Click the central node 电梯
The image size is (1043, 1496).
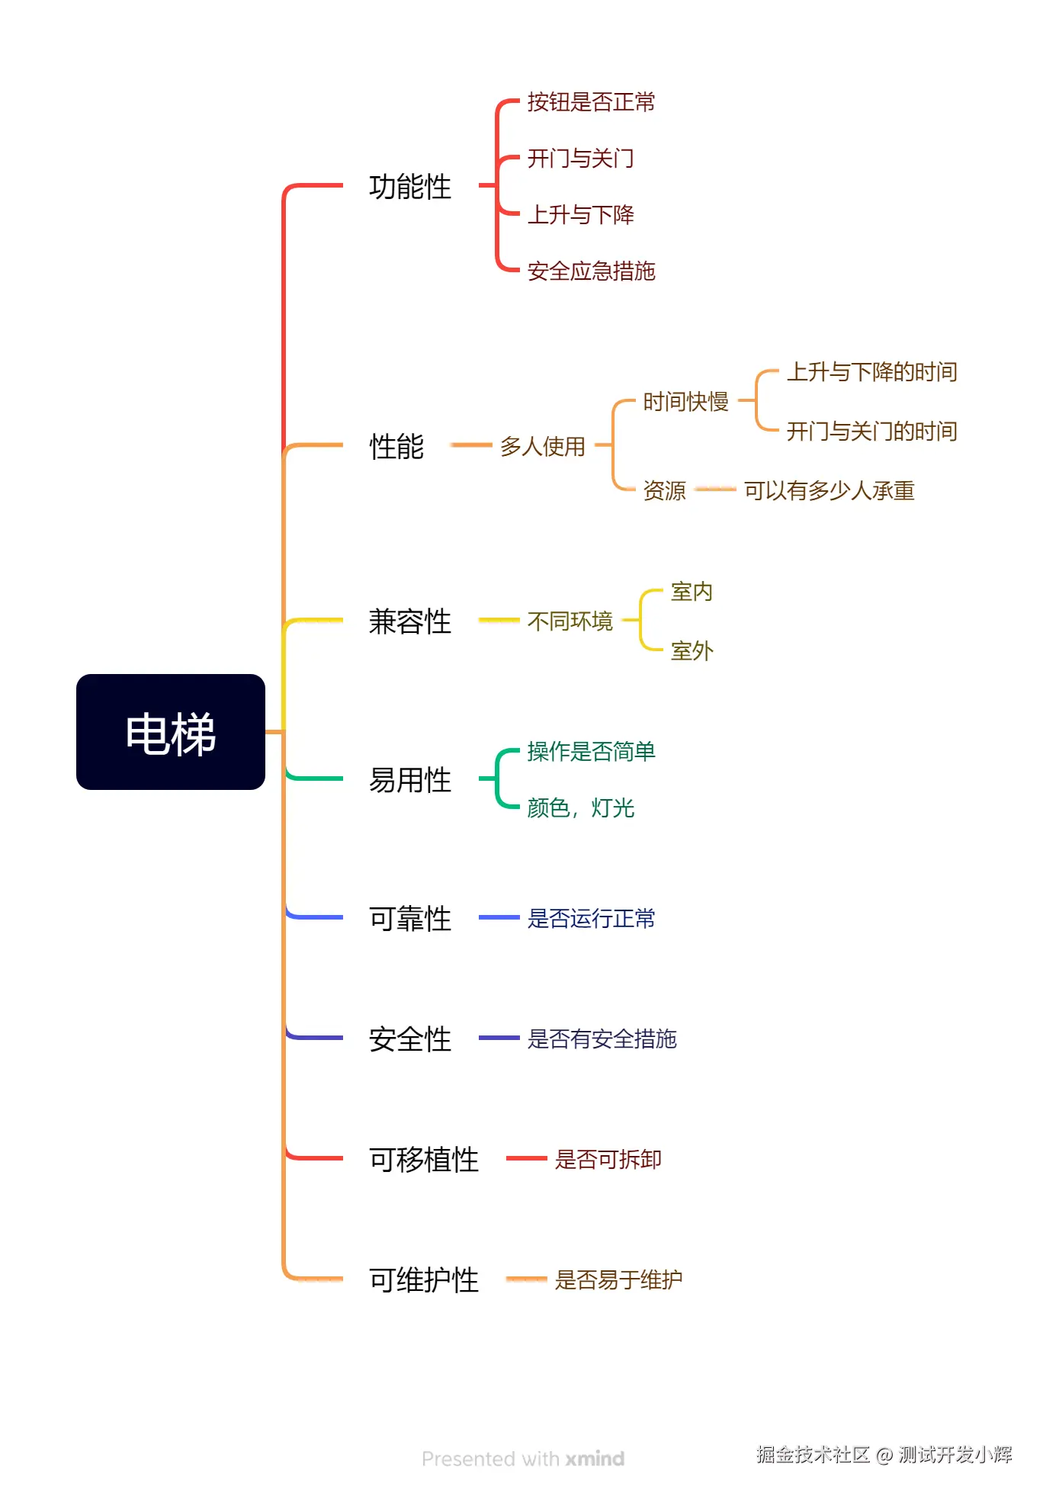pos(171,733)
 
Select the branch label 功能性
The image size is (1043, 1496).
pos(410,187)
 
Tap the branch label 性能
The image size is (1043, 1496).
pos(396,447)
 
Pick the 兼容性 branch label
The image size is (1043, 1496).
pos(410,621)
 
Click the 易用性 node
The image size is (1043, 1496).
pos(410,780)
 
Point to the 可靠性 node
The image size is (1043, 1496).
pos(410,919)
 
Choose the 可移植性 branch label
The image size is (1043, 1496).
pos(424,1160)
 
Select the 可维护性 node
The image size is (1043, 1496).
pos(424,1280)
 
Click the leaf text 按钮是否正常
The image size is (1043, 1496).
pos(591,102)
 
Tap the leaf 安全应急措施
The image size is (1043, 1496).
pos(591,271)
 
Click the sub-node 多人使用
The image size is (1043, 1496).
pos(542,447)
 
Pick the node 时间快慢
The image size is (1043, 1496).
pos(685,402)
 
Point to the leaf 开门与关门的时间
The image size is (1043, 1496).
pos(871,432)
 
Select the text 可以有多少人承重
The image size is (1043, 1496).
pos(829,491)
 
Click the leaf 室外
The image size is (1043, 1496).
pos(692,651)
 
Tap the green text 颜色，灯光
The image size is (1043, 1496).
pos(580,808)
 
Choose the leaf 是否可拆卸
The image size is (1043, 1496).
pos(608,1160)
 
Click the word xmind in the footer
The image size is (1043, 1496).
pos(595,1459)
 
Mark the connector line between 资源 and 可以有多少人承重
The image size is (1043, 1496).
pos(715,489)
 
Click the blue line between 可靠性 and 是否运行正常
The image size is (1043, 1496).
pos(499,917)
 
